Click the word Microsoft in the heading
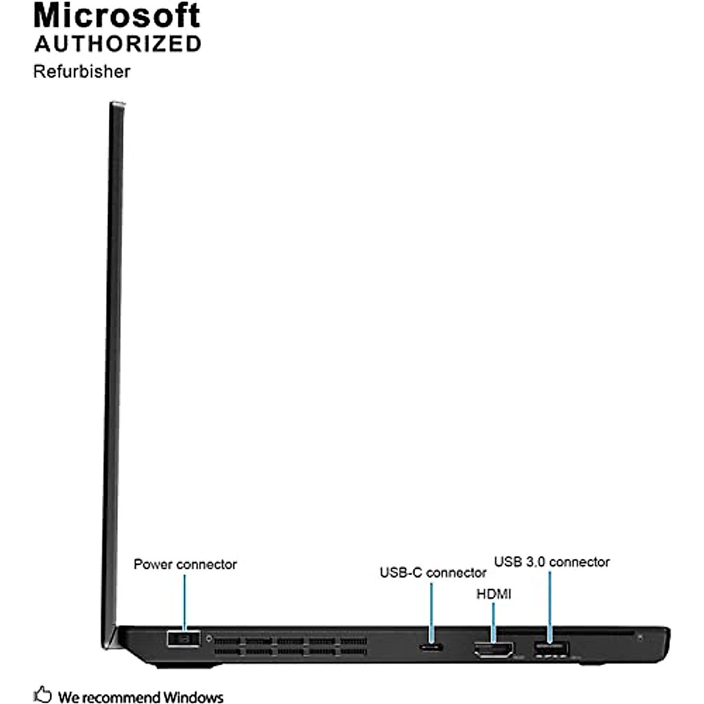117,16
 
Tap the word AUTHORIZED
118,44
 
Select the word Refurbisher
82,72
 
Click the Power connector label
185,564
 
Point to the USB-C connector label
433,573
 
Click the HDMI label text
493,594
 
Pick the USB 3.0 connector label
551,562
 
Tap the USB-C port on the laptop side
432,647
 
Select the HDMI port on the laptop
493,649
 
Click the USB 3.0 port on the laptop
551,648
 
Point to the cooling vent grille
290,645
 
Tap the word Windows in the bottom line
193,697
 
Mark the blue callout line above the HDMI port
493,622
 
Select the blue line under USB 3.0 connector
550,604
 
